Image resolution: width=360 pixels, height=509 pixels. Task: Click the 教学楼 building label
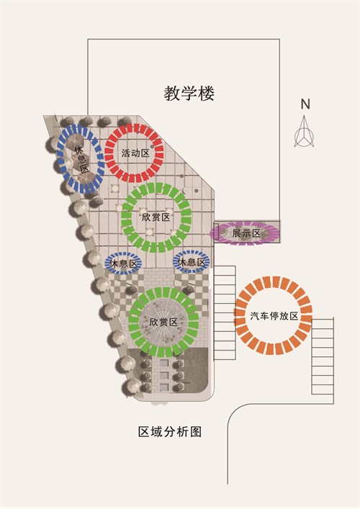[x=189, y=94]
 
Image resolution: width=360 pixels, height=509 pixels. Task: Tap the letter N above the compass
[x=305, y=104]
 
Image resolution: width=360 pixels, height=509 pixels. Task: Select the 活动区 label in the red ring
[x=135, y=153]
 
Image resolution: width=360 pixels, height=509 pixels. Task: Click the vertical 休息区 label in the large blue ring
[x=81, y=159]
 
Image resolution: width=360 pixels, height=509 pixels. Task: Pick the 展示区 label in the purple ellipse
[x=246, y=233]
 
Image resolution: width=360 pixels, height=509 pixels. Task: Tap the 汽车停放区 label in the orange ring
[x=274, y=316]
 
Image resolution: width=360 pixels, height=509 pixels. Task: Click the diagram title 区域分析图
[x=170, y=432]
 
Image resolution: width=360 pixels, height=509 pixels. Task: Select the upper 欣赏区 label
[x=156, y=217]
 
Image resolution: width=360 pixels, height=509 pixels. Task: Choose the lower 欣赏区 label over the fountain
[x=163, y=322]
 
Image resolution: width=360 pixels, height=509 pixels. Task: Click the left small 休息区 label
[x=123, y=263]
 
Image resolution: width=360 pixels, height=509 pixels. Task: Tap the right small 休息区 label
[x=192, y=262]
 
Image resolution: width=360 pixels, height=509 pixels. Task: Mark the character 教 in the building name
[x=172, y=94]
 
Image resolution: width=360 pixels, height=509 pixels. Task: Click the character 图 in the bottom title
[x=196, y=432]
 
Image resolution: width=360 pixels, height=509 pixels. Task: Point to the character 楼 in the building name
[x=206, y=94]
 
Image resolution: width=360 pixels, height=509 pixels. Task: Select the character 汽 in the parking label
[x=254, y=316]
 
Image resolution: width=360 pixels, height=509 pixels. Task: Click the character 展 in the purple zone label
[x=237, y=233]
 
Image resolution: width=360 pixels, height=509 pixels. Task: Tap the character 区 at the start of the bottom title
[x=144, y=432]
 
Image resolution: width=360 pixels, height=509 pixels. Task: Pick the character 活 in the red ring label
[x=126, y=153]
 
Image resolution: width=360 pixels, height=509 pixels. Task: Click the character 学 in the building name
[x=189, y=94]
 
